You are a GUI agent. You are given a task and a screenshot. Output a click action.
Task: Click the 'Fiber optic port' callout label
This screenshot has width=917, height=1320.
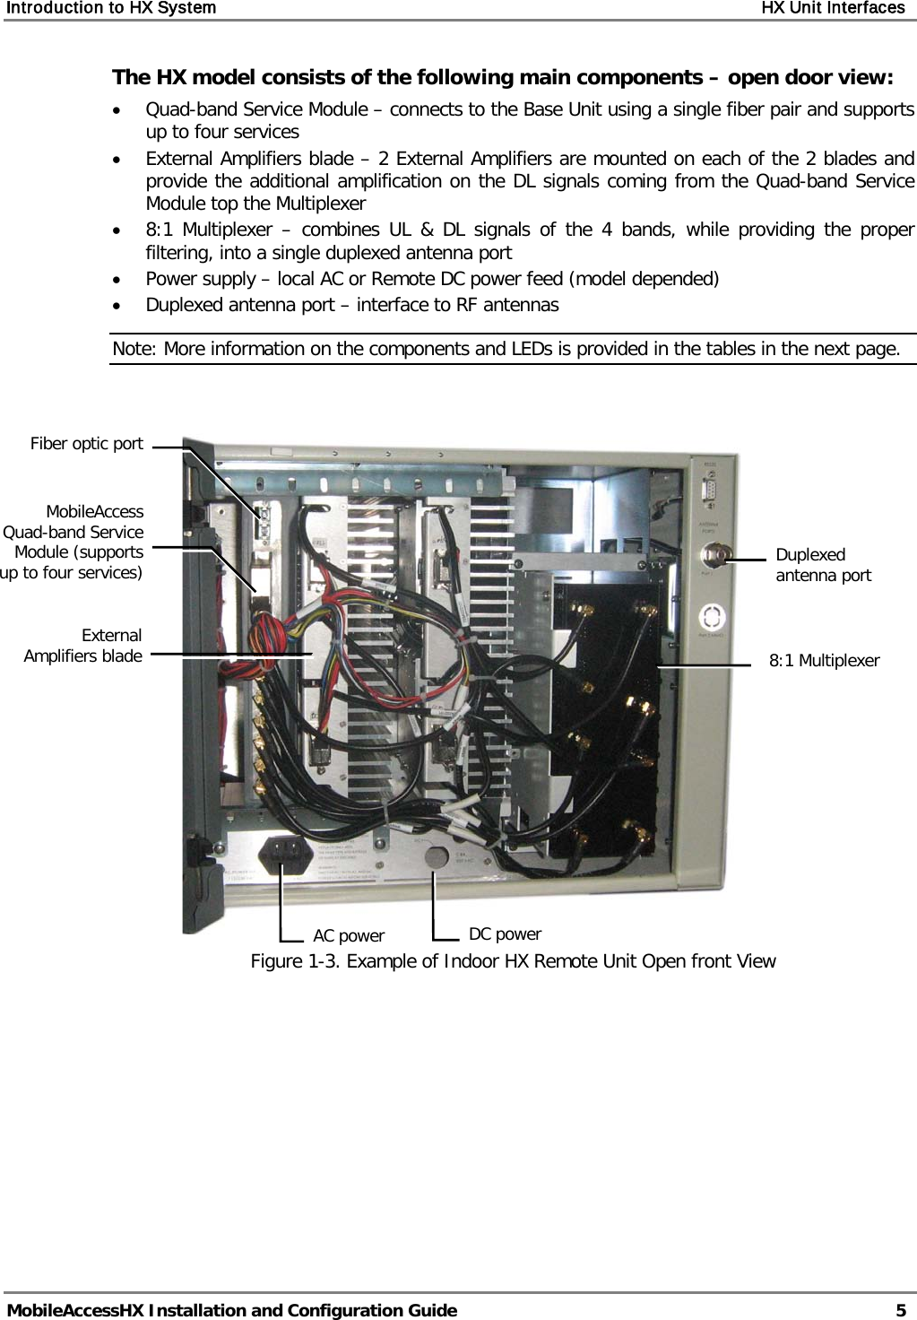tap(86, 444)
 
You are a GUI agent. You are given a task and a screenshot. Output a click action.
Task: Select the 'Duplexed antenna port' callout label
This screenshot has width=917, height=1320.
tap(822, 565)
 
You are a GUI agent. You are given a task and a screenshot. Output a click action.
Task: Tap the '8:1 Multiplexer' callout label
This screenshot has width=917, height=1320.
tap(824, 661)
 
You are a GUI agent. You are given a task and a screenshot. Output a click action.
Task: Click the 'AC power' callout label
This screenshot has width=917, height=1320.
tap(348, 936)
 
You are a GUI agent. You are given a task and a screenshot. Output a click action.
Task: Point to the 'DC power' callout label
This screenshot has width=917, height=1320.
tap(505, 934)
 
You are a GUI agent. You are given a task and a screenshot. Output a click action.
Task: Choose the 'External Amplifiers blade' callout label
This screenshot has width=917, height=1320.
tap(82, 646)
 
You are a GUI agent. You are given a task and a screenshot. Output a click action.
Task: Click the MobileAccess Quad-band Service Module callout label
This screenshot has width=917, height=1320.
tap(73, 542)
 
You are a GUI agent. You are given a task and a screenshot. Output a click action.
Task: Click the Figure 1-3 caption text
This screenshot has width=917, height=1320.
tap(513, 961)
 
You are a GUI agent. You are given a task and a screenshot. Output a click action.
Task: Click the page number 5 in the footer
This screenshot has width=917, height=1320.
tap(900, 1310)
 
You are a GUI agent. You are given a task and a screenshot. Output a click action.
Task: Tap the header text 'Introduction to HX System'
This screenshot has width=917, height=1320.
tap(108, 8)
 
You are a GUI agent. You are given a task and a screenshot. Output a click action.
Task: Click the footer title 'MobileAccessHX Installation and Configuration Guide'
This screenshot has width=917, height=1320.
tap(231, 1310)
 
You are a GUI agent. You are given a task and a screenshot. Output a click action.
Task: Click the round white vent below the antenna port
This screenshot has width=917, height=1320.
tap(713, 618)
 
